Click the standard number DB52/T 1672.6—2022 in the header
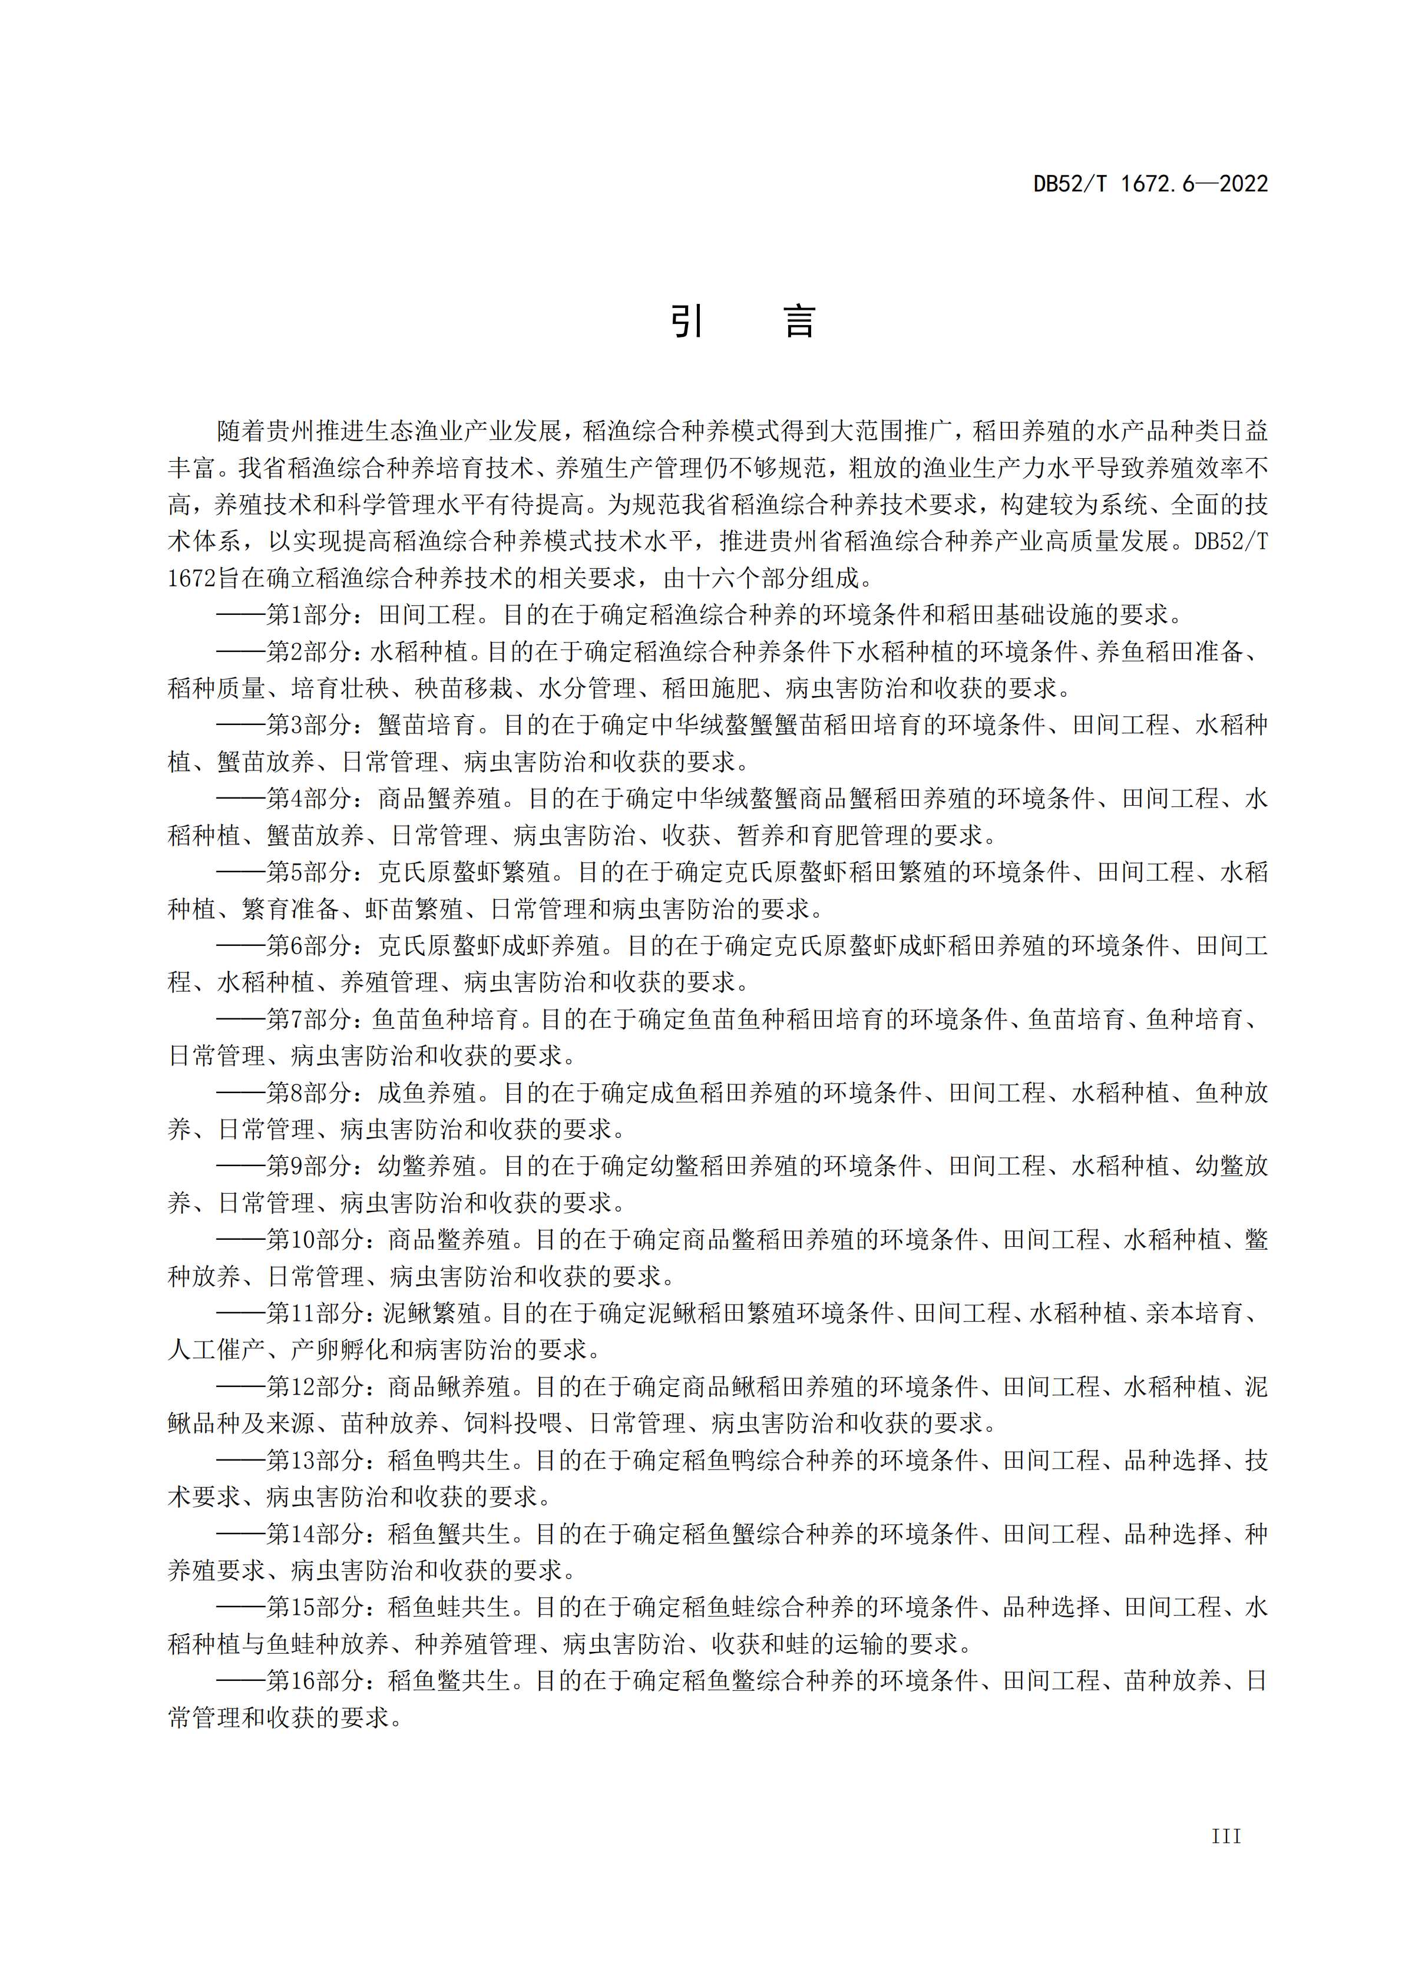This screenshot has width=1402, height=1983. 1150,184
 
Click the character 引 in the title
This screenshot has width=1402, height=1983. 687,322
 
